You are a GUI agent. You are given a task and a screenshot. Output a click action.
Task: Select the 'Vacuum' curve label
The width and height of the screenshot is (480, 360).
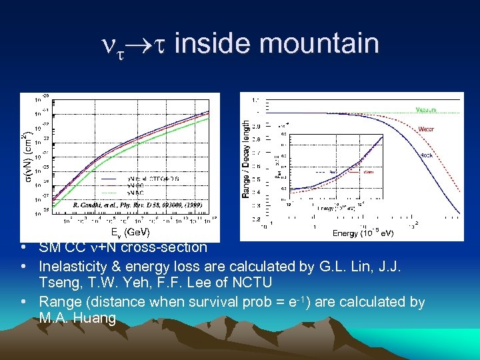pos(427,109)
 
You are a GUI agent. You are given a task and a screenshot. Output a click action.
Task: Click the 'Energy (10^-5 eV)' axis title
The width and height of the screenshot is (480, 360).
pos(363,233)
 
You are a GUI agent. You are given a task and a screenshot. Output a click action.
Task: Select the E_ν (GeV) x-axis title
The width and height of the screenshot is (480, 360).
pos(129,232)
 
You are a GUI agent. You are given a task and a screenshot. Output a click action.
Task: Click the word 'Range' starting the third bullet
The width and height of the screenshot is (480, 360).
pos(59,302)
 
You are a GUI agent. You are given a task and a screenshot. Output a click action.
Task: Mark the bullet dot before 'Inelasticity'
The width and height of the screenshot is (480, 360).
pos(23,267)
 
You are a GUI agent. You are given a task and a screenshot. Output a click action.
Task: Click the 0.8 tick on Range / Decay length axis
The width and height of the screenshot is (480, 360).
pos(257,142)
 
